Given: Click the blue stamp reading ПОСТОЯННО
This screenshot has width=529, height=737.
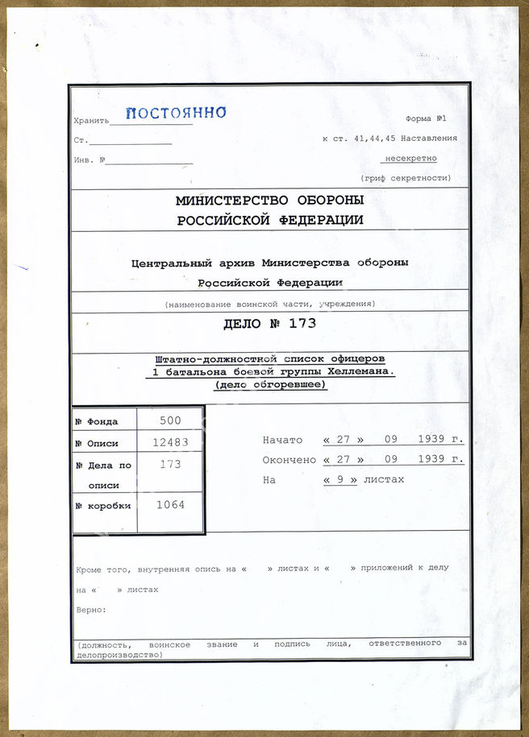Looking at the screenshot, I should (176, 114).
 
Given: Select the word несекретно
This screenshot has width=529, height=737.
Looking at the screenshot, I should (410, 159).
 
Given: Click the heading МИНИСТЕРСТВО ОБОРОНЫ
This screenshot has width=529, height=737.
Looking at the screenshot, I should (269, 200).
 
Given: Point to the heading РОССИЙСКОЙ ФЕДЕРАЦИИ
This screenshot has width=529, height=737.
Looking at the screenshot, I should (269, 220).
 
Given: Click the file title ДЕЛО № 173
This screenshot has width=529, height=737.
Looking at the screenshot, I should (269, 325).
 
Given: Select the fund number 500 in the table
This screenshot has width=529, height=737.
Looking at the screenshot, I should (170, 420).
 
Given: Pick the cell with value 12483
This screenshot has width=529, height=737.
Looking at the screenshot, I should (170, 442).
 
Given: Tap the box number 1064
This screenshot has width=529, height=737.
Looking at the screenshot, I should (170, 505).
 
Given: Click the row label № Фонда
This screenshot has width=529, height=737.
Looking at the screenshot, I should (97, 421).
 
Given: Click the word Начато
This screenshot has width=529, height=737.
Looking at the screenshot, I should (282, 440).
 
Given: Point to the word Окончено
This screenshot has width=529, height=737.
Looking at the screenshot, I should (288, 460).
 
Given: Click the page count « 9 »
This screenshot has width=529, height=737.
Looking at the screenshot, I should (339, 480).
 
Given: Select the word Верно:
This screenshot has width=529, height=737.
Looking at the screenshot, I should (91, 610).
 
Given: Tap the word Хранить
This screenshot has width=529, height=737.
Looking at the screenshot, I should (90, 121).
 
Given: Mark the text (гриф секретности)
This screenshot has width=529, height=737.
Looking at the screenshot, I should (406, 178).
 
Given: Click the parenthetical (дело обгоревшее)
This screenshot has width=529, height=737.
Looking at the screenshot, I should (269, 385).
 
